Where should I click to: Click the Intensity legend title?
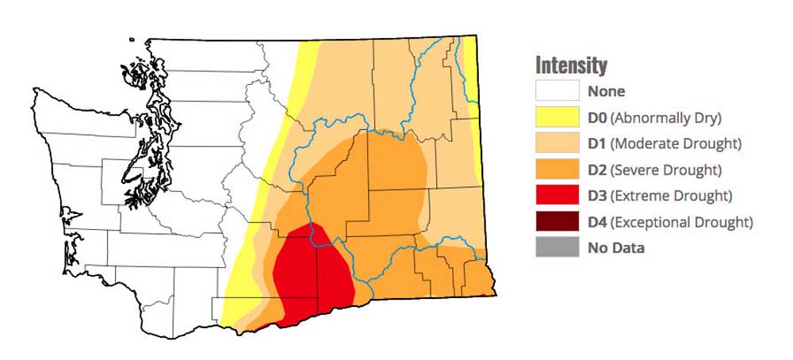571,64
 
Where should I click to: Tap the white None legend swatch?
557,91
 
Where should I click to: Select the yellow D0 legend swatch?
557,117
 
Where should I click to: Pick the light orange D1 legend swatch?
557,144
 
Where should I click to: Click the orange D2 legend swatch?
557,170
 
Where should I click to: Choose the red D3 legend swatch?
557,196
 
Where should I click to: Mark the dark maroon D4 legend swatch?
557,222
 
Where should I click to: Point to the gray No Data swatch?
557,248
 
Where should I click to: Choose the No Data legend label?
616,248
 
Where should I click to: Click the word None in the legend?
606,91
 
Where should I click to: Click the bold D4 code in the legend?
598,223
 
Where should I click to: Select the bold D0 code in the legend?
598,118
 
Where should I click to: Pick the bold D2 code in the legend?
598,170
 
